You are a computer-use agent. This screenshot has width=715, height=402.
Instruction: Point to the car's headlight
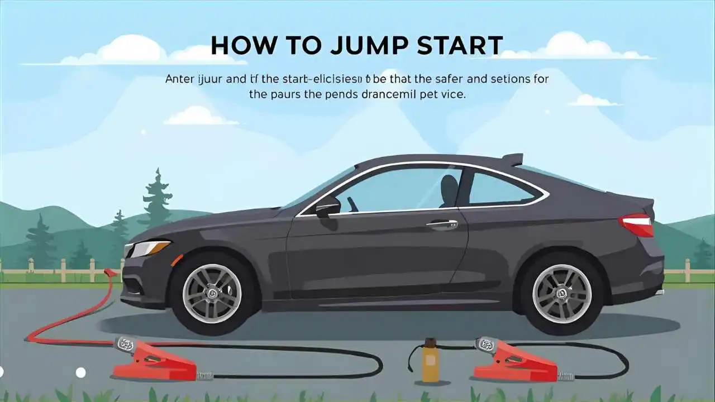click(149, 248)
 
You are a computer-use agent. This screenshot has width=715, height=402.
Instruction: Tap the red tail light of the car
click(636, 224)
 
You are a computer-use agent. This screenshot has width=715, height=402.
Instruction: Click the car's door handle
click(442, 224)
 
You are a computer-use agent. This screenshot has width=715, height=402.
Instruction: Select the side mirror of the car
click(327, 207)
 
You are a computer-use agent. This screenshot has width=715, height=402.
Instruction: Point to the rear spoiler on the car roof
click(512, 160)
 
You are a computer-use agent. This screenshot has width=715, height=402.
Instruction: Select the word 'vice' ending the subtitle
click(454, 94)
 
